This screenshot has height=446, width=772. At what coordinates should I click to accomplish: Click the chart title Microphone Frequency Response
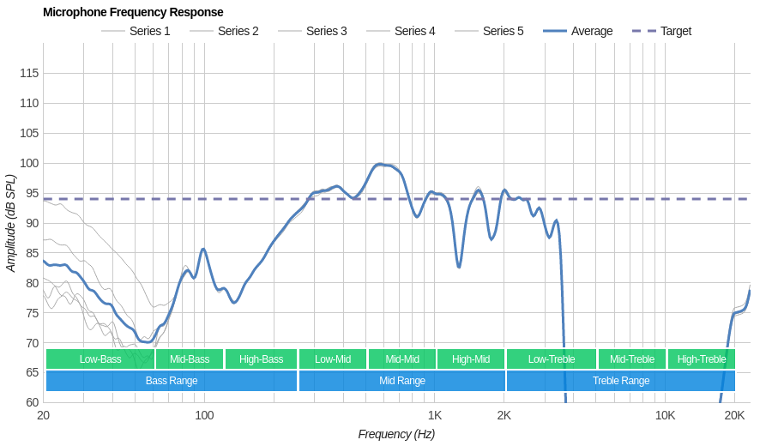(x=133, y=12)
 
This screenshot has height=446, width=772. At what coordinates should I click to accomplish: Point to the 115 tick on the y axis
(x=29, y=73)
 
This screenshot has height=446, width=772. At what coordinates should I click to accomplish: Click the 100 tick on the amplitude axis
(x=29, y=163)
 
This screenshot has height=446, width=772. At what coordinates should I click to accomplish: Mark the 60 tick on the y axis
(x=33, y=402)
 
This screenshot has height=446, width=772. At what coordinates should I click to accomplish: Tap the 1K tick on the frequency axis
(x=435, y=416)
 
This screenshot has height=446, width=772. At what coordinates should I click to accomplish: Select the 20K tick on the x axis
(x=734, y=416)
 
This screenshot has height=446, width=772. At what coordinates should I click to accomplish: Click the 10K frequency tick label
(x=665, y=416)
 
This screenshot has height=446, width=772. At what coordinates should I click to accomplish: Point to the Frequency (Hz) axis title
(x=396, y=434)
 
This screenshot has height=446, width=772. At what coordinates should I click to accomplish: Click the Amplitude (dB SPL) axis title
(x=10, y=223)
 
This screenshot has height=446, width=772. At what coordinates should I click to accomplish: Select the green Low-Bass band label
(x=100, y=359)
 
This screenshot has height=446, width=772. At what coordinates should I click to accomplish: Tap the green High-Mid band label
(x=471, y=359)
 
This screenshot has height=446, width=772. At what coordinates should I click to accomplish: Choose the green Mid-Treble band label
(x=632, y=359)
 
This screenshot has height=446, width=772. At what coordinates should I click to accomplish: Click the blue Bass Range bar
(x=172, y=381)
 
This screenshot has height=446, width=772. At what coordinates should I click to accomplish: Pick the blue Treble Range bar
(x=621, y=381)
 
